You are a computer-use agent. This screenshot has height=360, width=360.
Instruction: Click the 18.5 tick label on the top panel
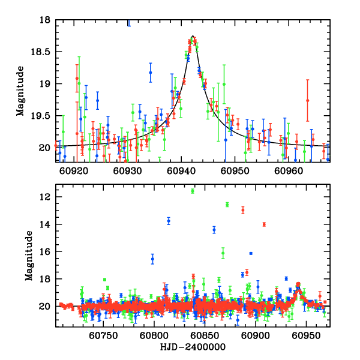click(42, 52)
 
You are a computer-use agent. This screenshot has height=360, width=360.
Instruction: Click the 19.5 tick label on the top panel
click(42, 115)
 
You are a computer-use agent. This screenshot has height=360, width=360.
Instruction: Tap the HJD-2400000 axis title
click(192, 347)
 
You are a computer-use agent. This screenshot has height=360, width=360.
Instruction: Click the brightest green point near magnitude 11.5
click(193, 191)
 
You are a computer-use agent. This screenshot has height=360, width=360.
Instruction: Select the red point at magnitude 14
click(264, 224)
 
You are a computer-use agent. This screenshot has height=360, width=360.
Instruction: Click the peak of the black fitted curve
click(193, 36)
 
